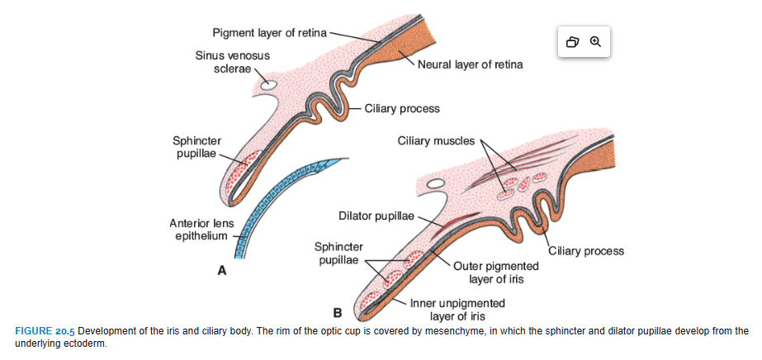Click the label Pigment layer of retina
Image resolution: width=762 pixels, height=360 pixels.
pyautogui.click(x=269, y=33)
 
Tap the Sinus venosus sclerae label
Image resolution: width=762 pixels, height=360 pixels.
pyautogui.click(x=232, y=62)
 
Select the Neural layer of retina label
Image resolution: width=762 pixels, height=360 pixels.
pyautogui.click(x=470, y=64)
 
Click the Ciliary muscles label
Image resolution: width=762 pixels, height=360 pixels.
pyautogui.click(x=436, y=140)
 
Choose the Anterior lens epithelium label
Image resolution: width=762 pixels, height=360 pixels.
pyautogui.click(x=201, y=230)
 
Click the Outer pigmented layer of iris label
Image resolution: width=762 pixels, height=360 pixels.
pyautogui.click(x=495, y=272)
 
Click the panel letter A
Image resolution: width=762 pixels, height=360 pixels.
pyautogui.click(x=221, y=269)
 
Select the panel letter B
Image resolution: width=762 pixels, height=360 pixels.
pyautogui.click(x=337, y=313)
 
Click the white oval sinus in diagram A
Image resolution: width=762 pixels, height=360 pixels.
pyautogui.click(x=268, y=84)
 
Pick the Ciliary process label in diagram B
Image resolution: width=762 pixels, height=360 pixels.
pyautogui.click(x=586, y=251)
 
